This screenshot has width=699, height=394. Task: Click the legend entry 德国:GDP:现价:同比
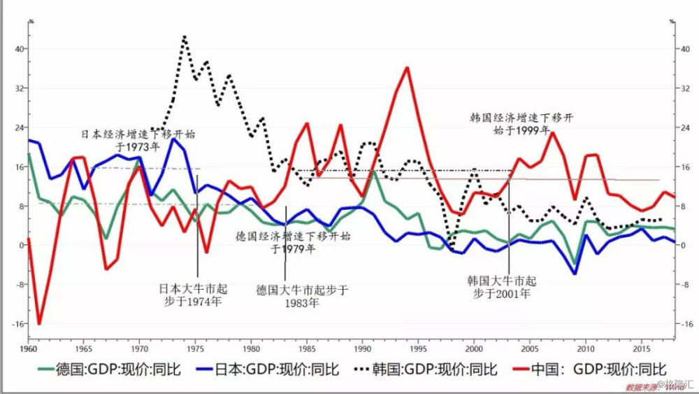(x=109, y=369)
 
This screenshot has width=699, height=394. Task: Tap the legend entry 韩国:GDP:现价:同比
(x=424, y=369)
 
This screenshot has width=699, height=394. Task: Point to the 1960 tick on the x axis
(x=28, y=348)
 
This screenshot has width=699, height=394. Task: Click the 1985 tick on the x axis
(x=307, y=348)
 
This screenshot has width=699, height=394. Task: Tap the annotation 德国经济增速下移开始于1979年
(x=293, y=241)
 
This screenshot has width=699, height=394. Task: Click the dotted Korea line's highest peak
(x=184, y=36)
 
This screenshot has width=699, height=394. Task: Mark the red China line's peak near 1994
(x=407, y=67)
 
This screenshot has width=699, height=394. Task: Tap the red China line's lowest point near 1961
(x=39, y=324)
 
